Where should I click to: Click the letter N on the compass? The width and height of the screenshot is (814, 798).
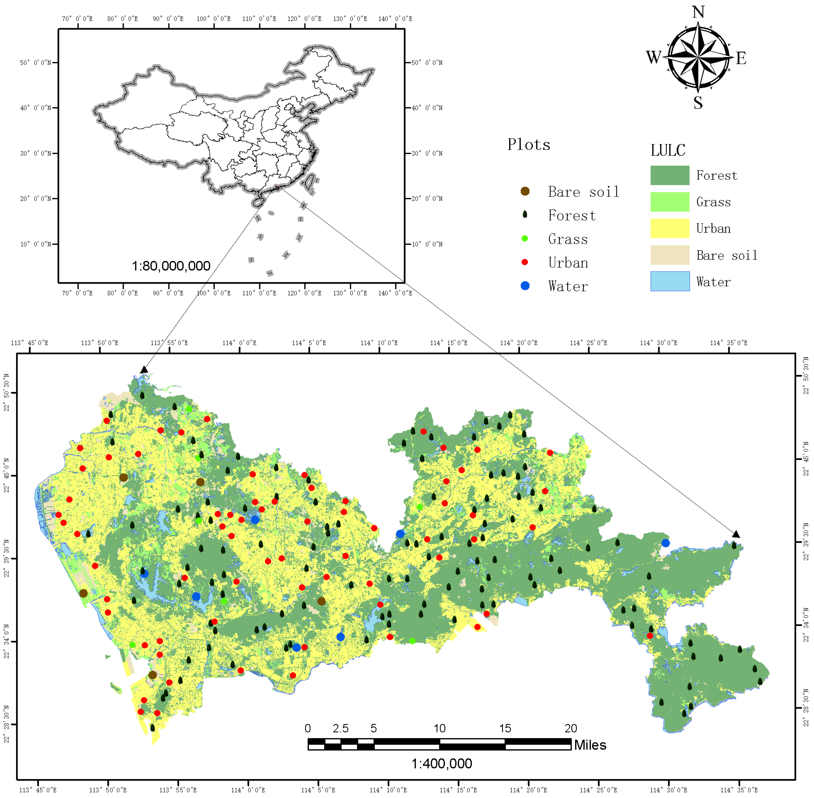(698, 12)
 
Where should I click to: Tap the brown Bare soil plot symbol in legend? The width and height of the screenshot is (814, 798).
(525, 192)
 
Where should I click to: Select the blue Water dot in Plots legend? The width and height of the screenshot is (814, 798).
(525, 286)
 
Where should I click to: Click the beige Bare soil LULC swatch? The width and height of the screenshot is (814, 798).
(669, 255)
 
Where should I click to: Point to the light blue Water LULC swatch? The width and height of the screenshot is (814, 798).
(669, 281)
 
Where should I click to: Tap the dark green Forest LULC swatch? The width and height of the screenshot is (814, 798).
(669, 175)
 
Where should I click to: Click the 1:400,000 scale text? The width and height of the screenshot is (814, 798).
(441, 764)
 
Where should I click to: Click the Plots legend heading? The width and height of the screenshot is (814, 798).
(528, 145)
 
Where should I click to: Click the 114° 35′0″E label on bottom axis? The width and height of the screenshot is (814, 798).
(739, 790)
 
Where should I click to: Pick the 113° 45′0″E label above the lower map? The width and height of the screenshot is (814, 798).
(29, 343)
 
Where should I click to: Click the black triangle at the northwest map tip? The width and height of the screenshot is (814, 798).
(144, 370)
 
